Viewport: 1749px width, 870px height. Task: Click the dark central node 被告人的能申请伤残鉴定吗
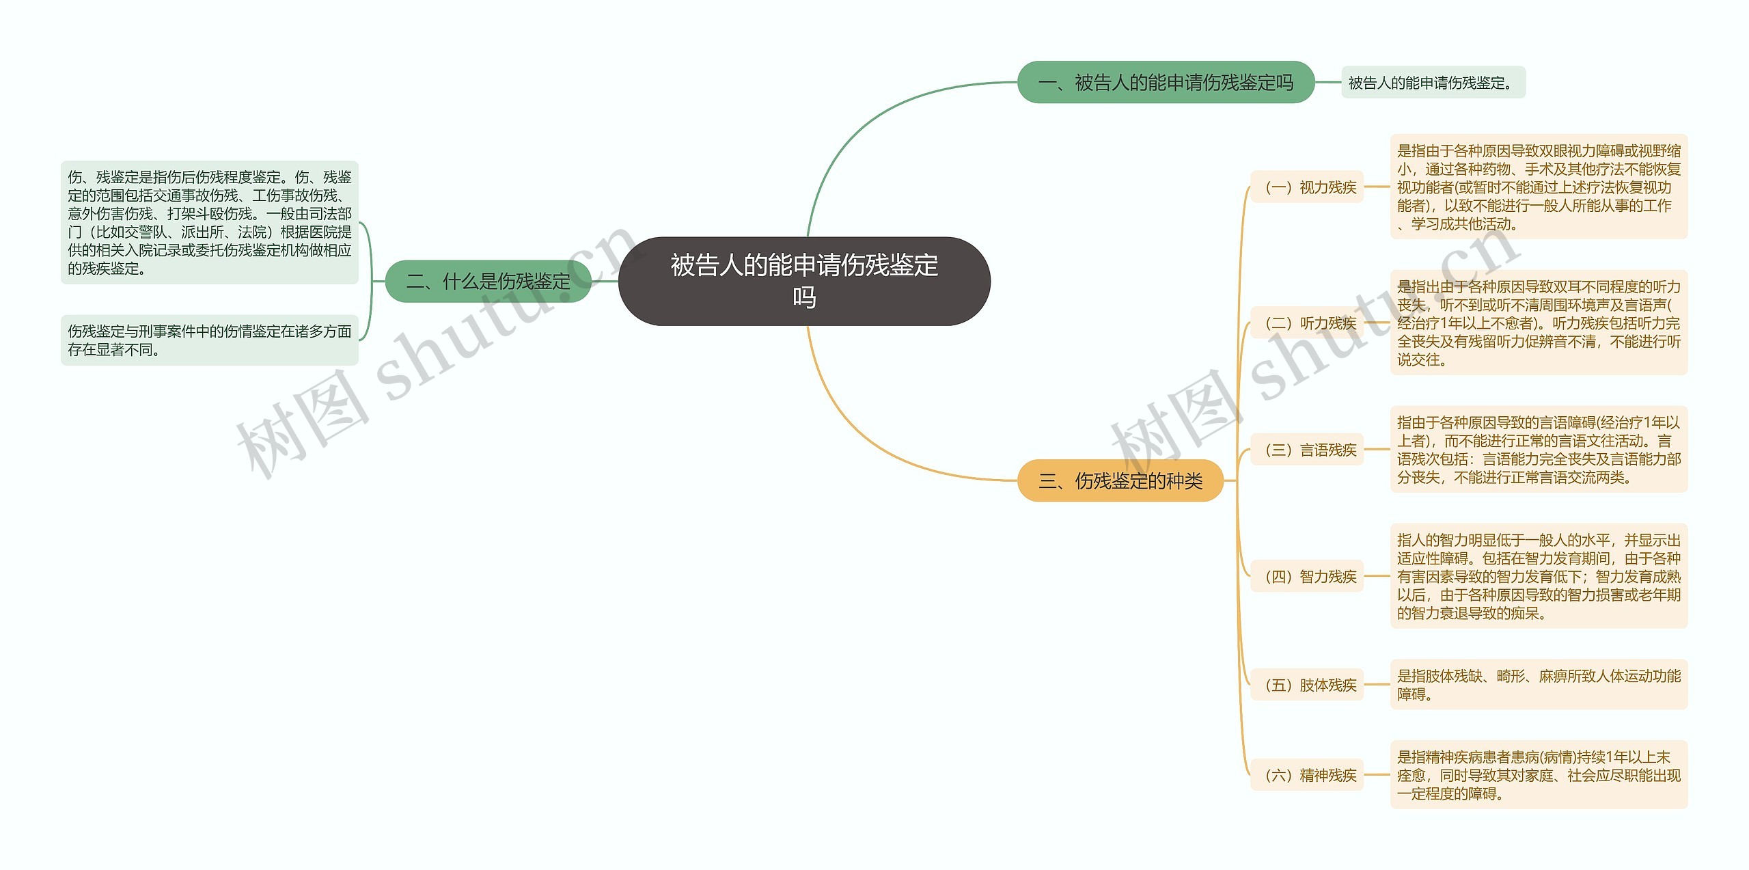pyautogui.click(x=804, y=281)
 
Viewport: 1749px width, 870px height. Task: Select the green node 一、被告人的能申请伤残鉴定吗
pyautogui.click(x=1166, y=82)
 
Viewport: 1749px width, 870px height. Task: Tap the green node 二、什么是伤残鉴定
pyautogui.click(x=488, y=281)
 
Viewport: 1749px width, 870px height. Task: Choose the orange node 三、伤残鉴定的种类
pyautogui.click(x=1120, y=480)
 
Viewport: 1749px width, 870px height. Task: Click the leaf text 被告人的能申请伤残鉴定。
pyautogui.click(x=1433, y=83)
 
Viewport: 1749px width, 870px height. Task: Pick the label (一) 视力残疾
pyautogui.click(x=1307, y=187)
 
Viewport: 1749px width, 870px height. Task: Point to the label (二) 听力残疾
pyautogui.click(x=1307, y=323)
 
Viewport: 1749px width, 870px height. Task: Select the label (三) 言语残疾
pyautogui.click(x=1307, y=450)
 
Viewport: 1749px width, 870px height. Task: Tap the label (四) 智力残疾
pyautogui.click(x=1307, y=576)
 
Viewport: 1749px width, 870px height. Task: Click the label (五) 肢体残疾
pyautogui.click(x=1307, y=685)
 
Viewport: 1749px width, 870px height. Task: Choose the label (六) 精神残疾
pyautogui.click(x=1307, y=775)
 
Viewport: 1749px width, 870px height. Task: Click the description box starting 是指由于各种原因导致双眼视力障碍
pyautogui.click(x=1539, y=187)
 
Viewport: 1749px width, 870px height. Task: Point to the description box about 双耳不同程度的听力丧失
pyautogui.click(x=1539, y=323)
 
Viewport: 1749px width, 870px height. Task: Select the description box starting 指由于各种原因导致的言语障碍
pyautogui.click(x=1539, y=450)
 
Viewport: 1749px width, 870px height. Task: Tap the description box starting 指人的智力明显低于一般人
pyautogui.click(x=1539, y=576)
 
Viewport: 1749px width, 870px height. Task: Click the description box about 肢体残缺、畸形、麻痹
pyautogui.click(x=1539, y=685)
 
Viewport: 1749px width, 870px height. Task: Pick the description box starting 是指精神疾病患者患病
pyautogui.click(x=1539, y=775)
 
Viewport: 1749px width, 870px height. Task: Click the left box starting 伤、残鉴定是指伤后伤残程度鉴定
pyautogui.click(x=210, y=223)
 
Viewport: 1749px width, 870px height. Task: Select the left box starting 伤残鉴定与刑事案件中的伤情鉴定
pyautogui.click(x=210, y=340)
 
